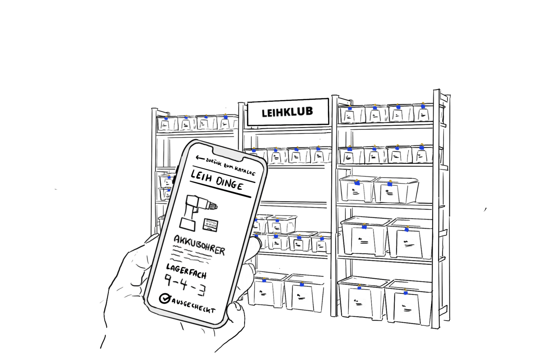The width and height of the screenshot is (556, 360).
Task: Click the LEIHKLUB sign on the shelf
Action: [x=287, y=112]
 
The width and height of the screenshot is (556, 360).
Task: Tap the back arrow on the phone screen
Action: [x=200, y=158]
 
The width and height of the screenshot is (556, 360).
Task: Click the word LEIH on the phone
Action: [x=201, y=176]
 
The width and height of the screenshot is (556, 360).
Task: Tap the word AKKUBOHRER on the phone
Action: [x=199, y=244]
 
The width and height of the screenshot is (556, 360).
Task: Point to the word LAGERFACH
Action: [x=186, y=271]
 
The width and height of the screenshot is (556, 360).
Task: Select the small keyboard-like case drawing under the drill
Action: [x=210, y=225]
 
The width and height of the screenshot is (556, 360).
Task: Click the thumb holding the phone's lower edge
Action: [x=236, y=313]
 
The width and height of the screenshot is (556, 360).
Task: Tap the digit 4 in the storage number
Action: [x=184, y=284]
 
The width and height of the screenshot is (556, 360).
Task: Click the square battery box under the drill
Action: [x=188, y=224]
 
